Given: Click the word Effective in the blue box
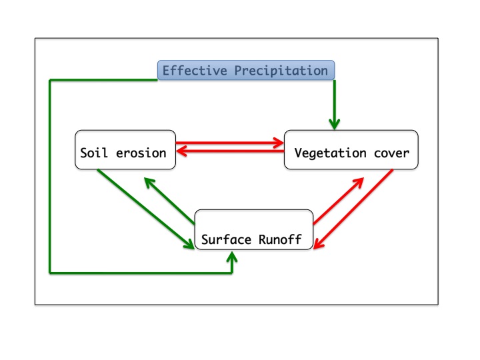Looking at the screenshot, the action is pos(195,71).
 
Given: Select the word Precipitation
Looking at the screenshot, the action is pos(281,71).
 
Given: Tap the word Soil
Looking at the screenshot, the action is pos(94,153).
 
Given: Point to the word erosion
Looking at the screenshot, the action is pos(141,153).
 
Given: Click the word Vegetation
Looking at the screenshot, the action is pos(330,153).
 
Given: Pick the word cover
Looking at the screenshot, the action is pos(391,153).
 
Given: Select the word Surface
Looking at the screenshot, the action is pos(226,239).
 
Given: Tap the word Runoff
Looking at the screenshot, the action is pos(280,239).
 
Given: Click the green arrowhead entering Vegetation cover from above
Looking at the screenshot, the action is pos(334,125).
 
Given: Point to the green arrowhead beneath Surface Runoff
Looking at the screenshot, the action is pos(232,257).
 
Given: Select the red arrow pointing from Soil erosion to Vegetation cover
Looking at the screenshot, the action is pos(230,143).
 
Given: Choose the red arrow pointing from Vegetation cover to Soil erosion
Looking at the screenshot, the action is pos(230,151).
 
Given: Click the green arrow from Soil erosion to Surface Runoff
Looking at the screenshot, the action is pos(146,209).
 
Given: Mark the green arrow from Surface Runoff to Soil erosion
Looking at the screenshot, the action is pos(169,201).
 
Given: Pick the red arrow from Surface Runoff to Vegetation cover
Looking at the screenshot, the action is pos(339,201).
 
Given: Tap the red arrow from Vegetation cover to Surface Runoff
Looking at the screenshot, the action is pos(353,209).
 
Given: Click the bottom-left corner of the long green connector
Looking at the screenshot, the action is pos(49,273).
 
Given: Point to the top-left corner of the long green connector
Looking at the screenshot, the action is pos(49,80).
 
